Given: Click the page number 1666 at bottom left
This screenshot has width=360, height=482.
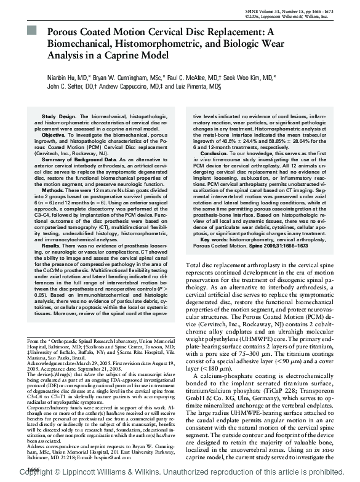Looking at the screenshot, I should click(x=28, y=469).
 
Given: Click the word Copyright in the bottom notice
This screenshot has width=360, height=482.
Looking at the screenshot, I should click(x=32, y=476).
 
